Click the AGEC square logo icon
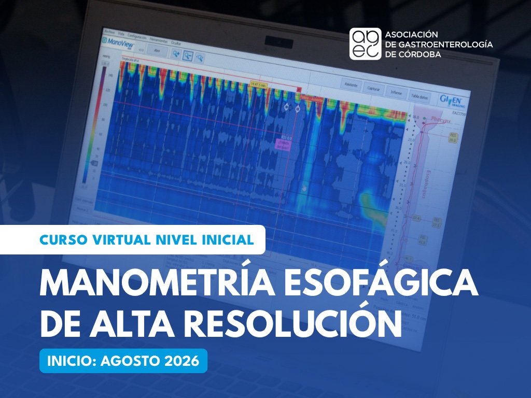point(365,44)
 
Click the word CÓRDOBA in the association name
point(414,54)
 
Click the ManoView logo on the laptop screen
point(121,41)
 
